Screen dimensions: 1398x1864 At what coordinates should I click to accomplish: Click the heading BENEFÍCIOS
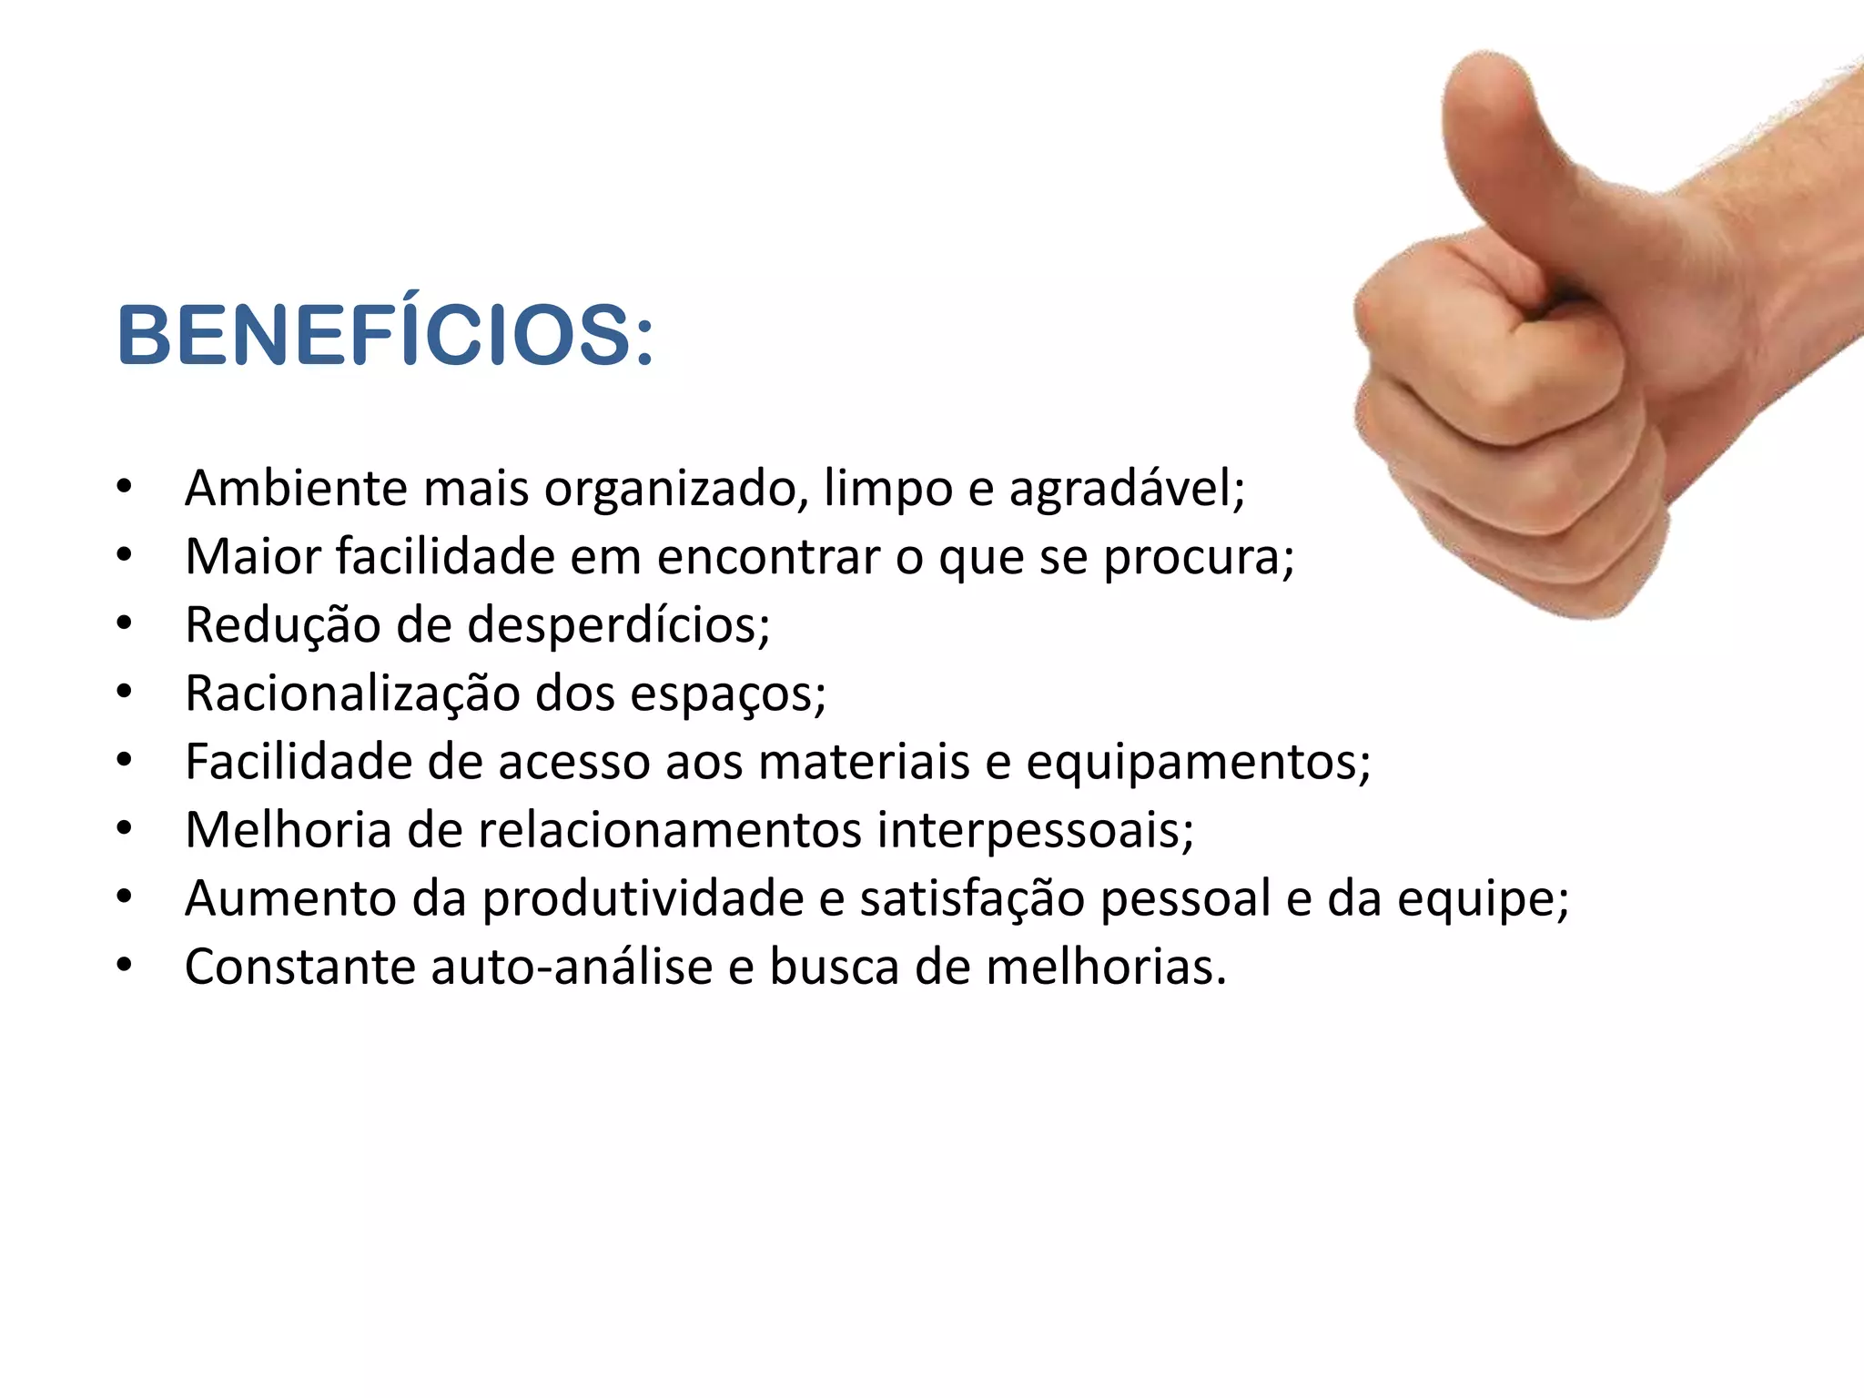[x=384, y=336]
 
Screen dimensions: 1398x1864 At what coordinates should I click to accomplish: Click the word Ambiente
[x=297, y=488]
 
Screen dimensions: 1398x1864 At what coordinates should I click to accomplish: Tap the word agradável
[x=1126, y=490]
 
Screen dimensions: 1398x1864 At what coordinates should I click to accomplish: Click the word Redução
[x=282, y=625]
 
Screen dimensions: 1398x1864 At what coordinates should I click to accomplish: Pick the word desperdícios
[x=618, y=625]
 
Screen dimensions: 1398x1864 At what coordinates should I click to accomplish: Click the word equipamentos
[x=1198, y=763]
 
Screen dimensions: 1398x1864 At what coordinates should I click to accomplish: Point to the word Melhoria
[x=288, y=830]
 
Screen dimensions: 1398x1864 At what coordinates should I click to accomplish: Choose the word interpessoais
[x=1035, y=830]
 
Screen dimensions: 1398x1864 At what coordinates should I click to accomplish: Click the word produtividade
[x=643, y=899]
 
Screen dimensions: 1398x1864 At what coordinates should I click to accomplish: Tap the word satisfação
[x=972, y=899]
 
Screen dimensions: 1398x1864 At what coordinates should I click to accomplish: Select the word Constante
[x=300, y=967]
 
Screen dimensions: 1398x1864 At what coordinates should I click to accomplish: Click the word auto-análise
[x=572, y=967]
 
